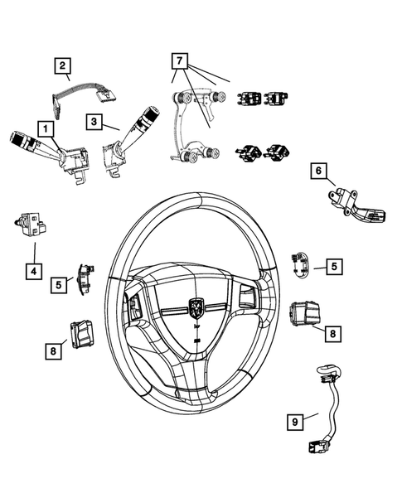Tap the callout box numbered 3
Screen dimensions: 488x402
coord(95,121)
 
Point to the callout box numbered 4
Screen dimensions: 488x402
coord(33,270)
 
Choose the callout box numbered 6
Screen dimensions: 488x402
coord(317,171)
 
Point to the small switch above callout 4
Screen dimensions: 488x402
coord(32,224)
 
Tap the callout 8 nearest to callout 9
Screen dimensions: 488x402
coord(332,333)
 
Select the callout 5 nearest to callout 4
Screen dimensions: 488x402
coord(60,284)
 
